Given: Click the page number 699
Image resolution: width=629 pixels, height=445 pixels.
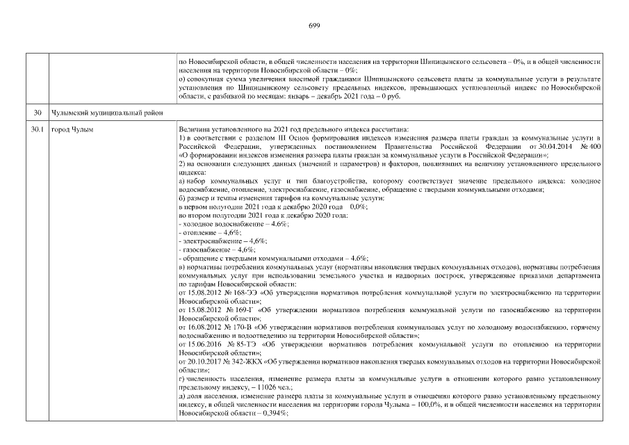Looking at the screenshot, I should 313,26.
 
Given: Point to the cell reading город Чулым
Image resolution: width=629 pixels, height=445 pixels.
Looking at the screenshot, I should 73,129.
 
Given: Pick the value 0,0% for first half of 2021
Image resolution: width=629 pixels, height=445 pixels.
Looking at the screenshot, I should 359,208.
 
